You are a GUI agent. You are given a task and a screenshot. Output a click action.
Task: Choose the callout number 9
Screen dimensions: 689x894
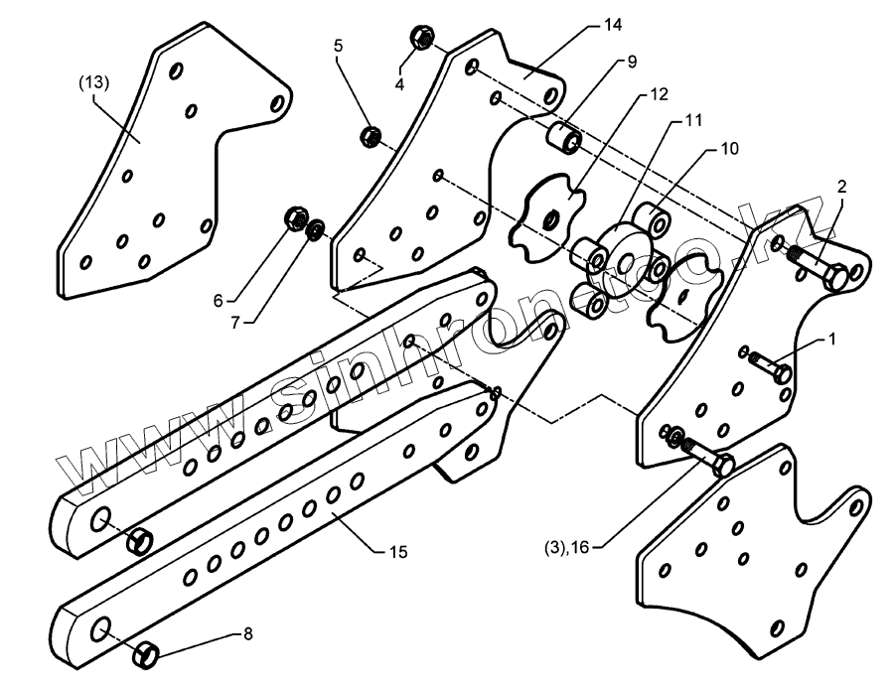(x=632, y=62)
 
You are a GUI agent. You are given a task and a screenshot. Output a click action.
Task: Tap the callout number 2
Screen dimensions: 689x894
(x=841, y=187)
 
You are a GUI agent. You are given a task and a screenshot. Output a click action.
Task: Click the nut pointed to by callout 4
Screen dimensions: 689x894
(x=420, y=39)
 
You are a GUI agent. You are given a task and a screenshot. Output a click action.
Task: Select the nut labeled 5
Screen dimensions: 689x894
(x=370, y=135)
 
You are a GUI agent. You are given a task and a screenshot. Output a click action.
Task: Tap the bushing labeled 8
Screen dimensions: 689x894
(x=148, y=654)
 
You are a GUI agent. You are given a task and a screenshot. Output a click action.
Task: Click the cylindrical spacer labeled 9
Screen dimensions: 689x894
(x=564, y=139)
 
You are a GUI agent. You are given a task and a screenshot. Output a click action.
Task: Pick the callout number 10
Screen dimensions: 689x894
(x=729, y=150)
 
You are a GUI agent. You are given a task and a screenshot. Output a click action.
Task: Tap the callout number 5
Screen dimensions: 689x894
(x=338, y=47)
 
